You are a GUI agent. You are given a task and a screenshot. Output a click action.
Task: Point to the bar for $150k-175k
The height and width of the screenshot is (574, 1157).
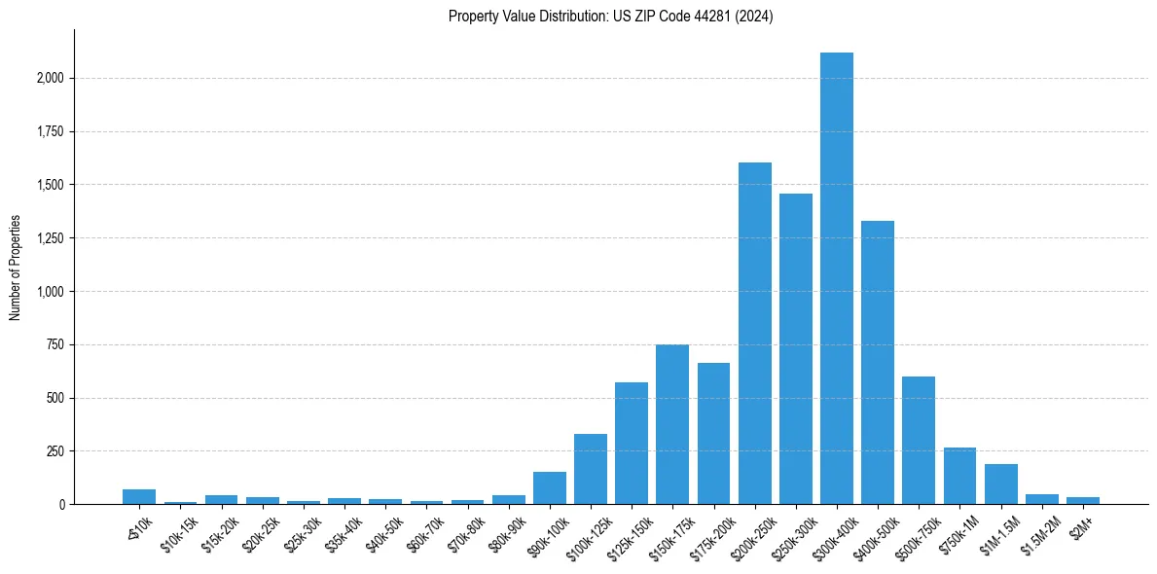(x=672, y=424)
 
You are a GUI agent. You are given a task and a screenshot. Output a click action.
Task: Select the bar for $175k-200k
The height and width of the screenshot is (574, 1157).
(x=713, y=433)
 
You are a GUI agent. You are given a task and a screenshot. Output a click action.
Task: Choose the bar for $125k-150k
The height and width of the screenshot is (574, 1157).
(x=631, y=443)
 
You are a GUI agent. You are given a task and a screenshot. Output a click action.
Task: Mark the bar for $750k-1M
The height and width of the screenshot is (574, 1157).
(x=959, y=476)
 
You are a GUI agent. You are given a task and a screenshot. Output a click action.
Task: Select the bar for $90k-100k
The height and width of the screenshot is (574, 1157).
(x=549, y=487)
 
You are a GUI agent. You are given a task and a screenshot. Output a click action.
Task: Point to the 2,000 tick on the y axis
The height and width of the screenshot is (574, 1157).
(x=50, y=78)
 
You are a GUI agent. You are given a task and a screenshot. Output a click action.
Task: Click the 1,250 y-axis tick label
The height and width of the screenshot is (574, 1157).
(x=50, y=238)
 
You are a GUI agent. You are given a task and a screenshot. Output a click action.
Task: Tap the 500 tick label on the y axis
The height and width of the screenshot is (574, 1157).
(x=54, y=398)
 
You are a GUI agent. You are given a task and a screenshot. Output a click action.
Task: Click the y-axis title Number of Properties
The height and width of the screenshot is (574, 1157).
(x=15, y=268)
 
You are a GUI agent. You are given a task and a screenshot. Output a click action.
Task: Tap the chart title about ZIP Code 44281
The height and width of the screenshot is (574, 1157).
(x=610, y=17)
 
